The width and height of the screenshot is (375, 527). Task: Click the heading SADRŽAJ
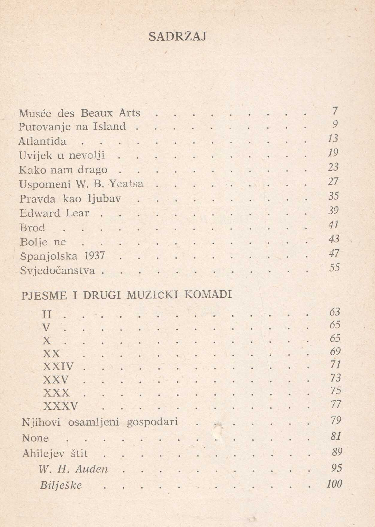(x=177, y=37)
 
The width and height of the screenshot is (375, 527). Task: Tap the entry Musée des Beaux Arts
(x=79, y=113)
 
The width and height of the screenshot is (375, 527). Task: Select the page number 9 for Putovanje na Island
(x=335, y=124)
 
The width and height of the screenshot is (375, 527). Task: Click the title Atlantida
(x=43, y=141)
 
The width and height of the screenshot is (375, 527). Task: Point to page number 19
(x=333, y=153)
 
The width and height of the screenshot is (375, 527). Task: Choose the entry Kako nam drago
(x=63, y=170)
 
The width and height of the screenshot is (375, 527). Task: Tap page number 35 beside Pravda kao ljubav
(x=334, y=196)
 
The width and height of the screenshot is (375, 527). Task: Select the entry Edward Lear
(x=55, y=213)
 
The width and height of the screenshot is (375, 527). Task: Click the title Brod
(x=32, y=228)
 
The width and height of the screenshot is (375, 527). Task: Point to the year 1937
(x=94, y=256)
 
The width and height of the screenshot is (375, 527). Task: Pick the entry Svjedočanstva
(x=58, y=271)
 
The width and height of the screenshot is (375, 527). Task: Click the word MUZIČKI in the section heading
(x=152, y=295)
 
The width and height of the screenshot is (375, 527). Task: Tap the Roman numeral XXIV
(x=58, y=366)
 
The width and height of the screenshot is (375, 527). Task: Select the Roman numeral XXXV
(x=61, y=406)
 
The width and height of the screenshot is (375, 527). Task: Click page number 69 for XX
(x=335, y=351)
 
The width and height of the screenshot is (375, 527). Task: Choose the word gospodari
(x=152, y=422)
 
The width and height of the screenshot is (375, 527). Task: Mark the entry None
(x=35, y=438)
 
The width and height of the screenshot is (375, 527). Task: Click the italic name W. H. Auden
(x=73, y=469)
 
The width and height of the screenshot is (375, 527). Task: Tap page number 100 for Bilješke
(x=334, y=484)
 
